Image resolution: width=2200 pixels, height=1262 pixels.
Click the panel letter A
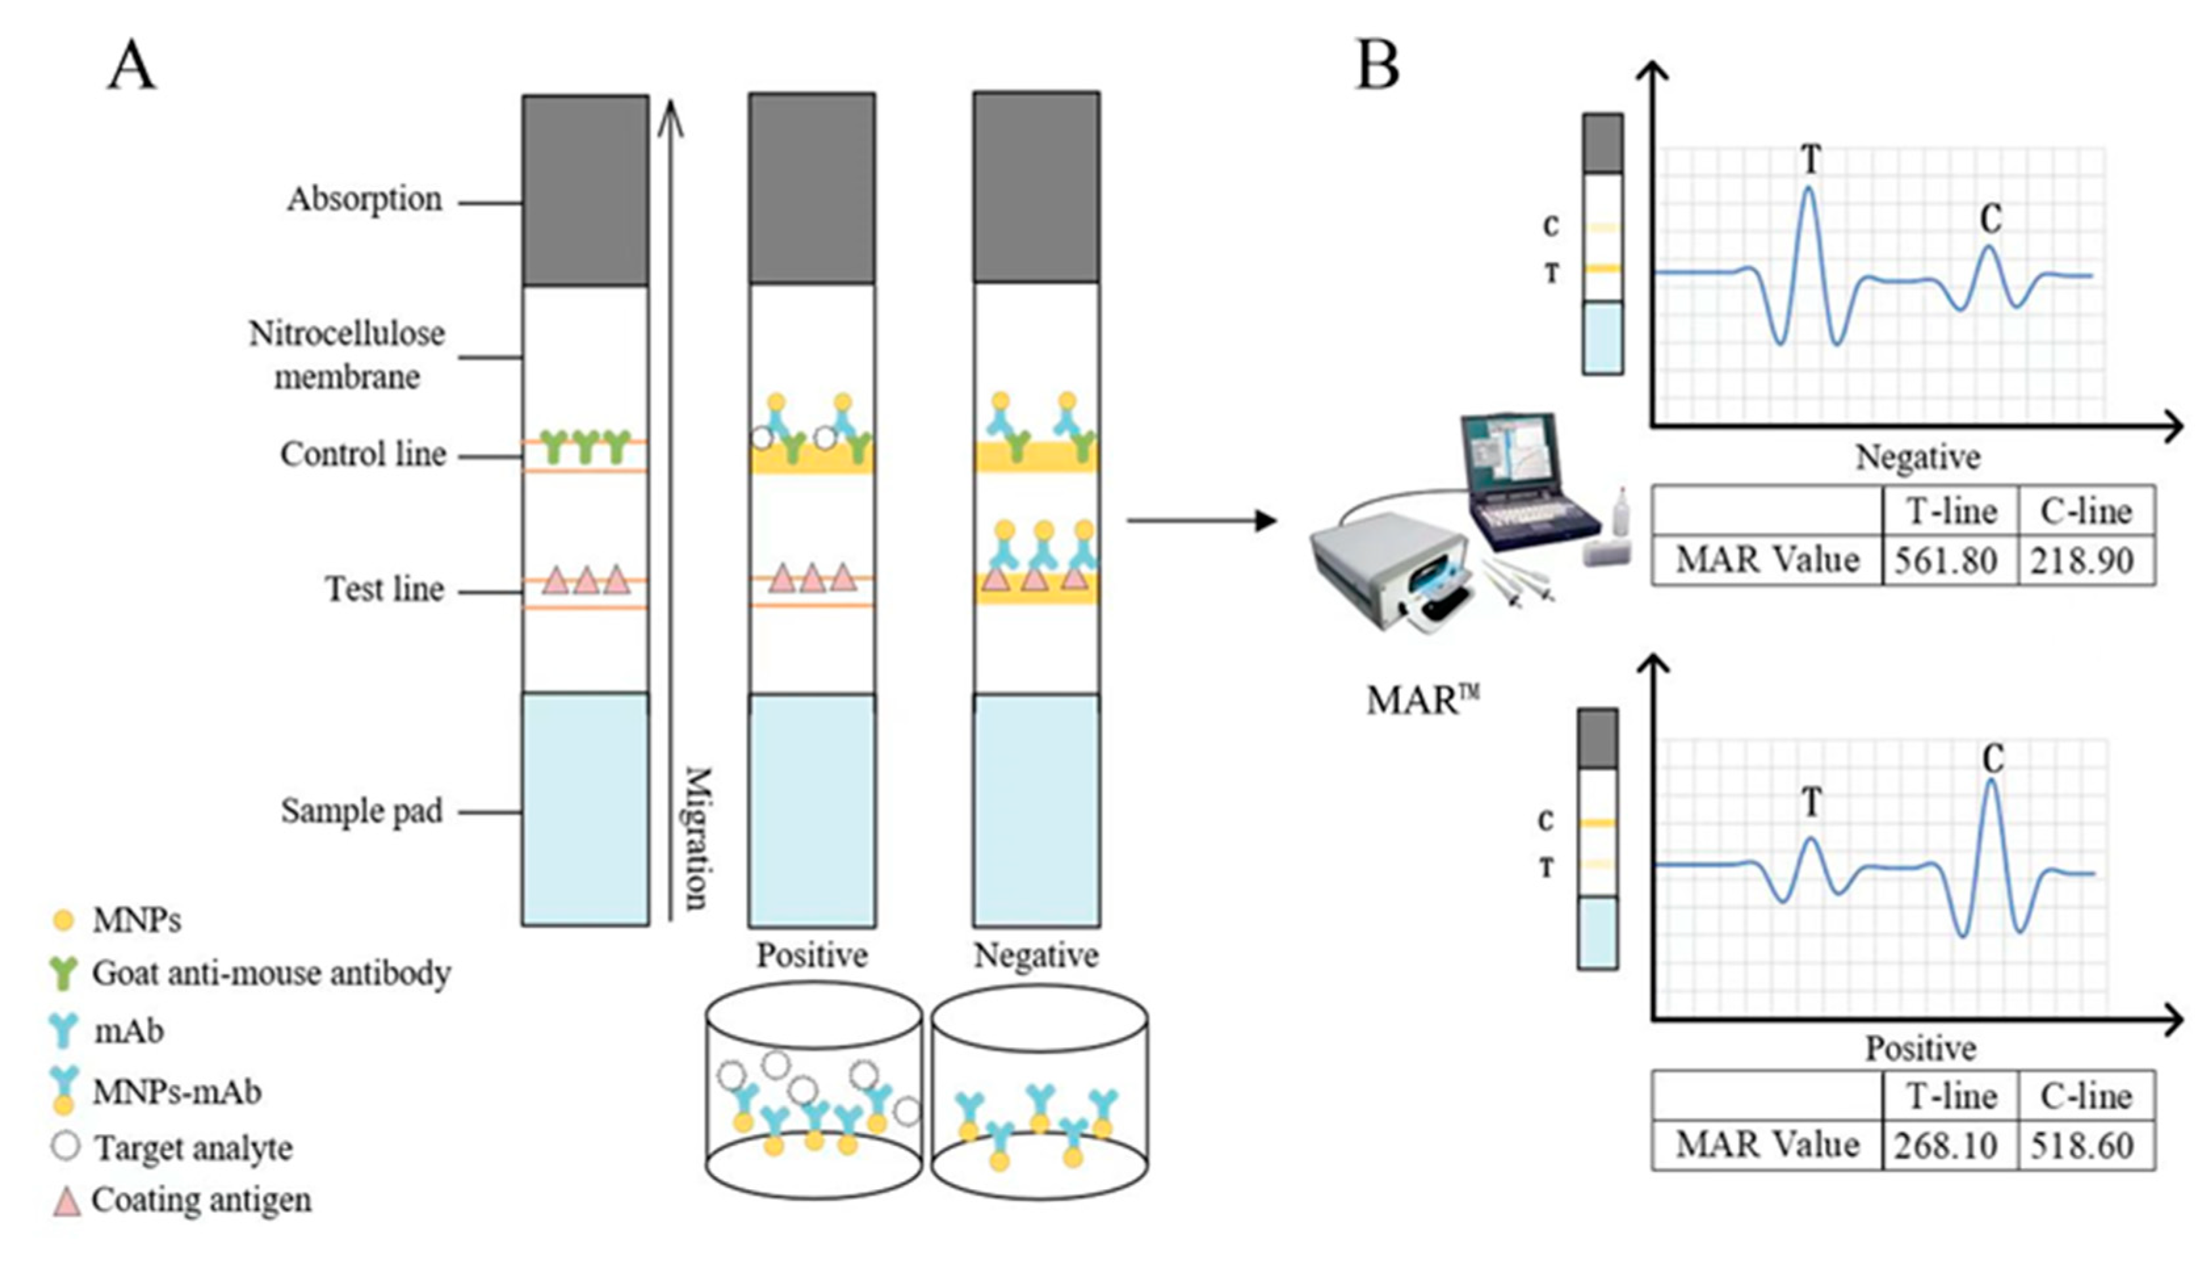pos(132,67)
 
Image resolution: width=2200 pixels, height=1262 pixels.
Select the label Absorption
pos(364,200)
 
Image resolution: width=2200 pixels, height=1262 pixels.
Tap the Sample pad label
pos(362,811)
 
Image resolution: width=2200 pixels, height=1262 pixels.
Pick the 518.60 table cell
pos(2081,1146)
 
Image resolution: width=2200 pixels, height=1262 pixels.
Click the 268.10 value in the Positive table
pos(1945,1146)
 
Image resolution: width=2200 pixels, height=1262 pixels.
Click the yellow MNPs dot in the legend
pos(63,919)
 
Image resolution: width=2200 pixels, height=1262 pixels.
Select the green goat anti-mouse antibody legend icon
pos(63,973)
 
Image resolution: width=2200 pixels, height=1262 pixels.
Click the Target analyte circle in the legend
pos(66,1146)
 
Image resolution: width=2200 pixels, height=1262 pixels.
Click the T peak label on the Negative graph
pos(1810,159)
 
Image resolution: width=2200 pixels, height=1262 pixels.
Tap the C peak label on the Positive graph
pos(1993,759)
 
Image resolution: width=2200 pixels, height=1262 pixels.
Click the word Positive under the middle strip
pos(811,955)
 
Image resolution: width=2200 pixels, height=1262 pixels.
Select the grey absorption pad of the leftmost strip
pos(585,191)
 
